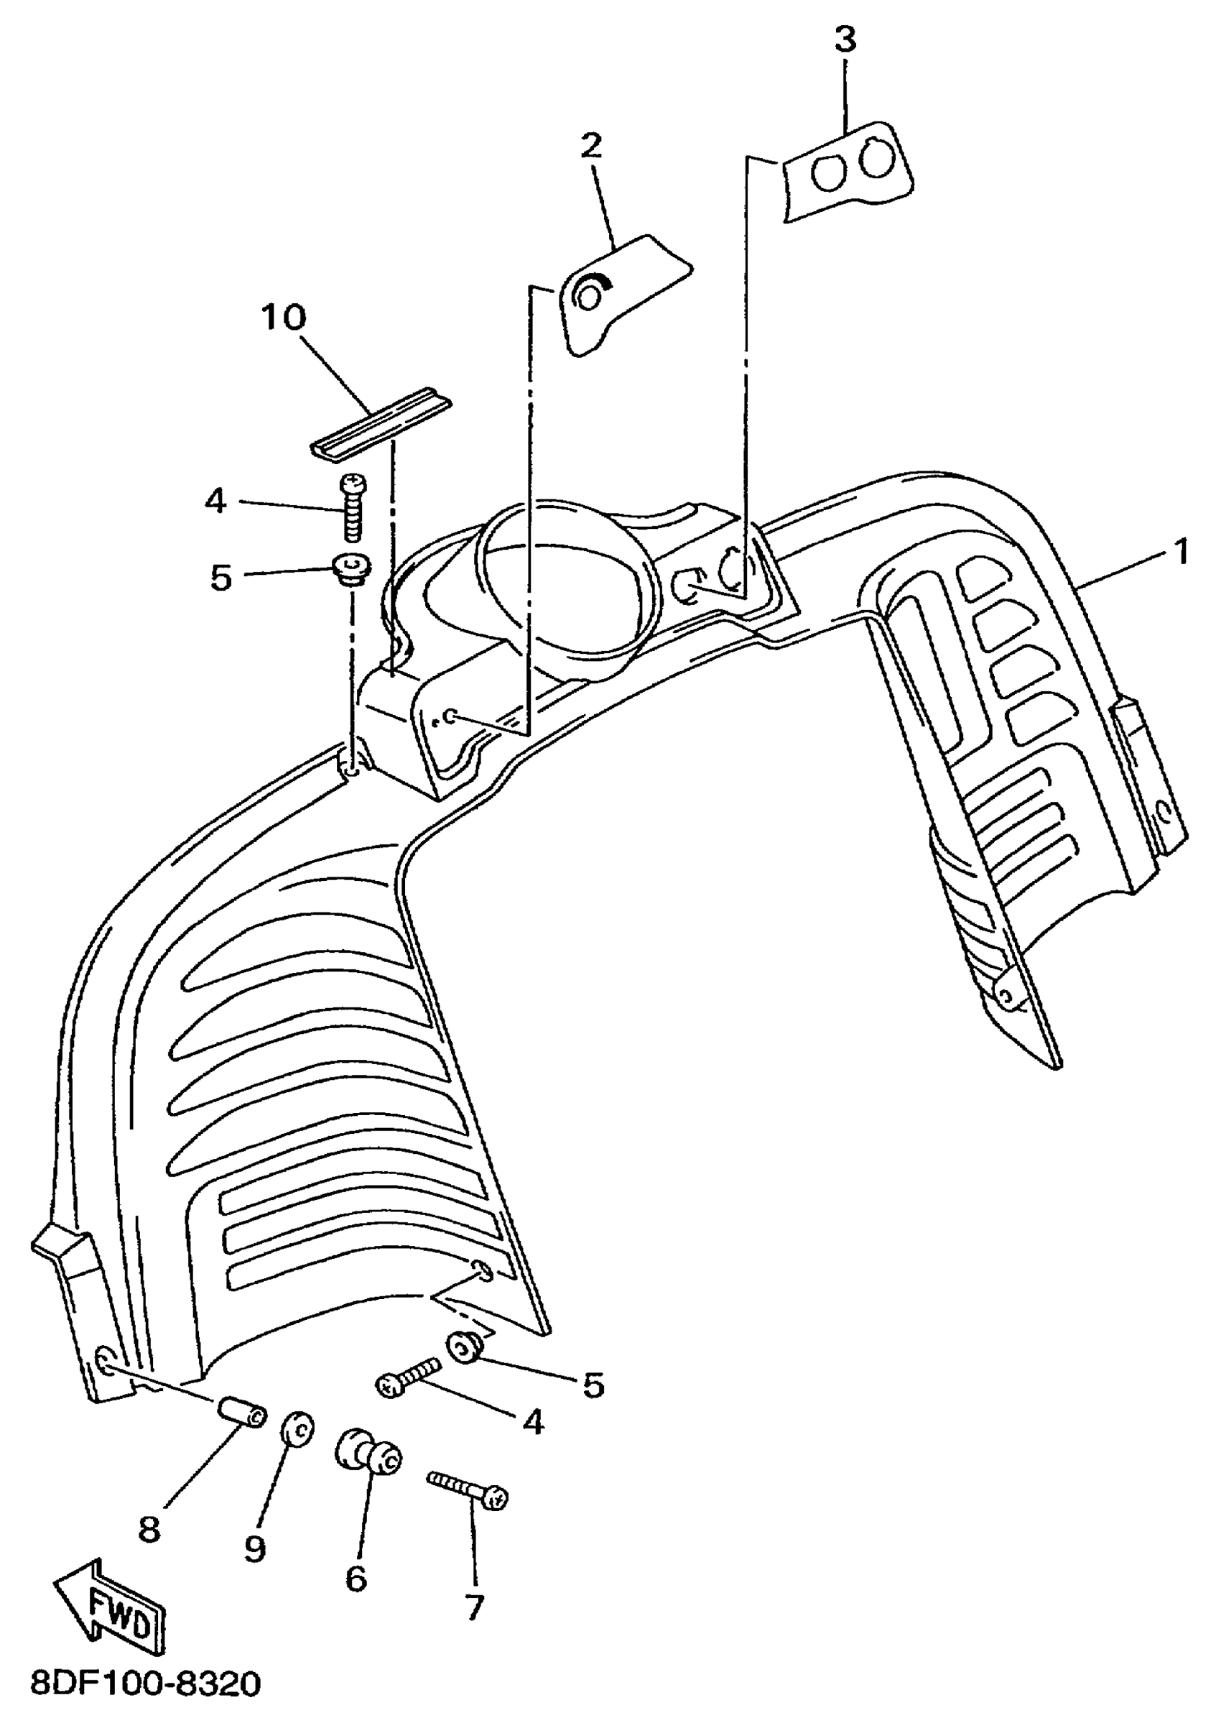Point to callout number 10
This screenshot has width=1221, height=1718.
coord(284,318)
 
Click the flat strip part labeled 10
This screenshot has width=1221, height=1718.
coord(381,426)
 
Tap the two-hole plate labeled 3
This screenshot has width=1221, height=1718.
coord(848,172)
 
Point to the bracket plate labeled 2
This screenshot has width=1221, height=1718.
coord(616,293)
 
